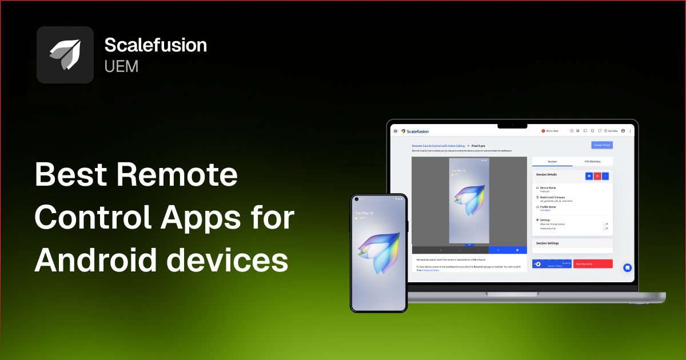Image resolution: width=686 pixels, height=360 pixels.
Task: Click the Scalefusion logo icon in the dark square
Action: pyautogui.click(x=65, y=55)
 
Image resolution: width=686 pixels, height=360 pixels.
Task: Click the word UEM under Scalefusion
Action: pyautogui.click(x=121, y=66)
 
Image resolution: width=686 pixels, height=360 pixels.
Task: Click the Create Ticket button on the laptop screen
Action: pyautogui.click(x=601, y=145)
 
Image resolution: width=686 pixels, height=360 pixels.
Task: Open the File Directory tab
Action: pyautogui.click(x=592, y=162)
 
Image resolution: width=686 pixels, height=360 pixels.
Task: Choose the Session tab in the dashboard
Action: pyautogui.click(x=552, y=162)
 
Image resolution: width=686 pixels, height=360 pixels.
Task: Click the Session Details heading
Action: pyautogui.click(x=546, y=174)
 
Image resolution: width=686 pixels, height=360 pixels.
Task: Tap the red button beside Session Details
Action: pyautogui.click(x=597, y=176)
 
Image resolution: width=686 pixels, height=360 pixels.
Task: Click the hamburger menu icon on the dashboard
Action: pyautogui.click(x=396, y=131)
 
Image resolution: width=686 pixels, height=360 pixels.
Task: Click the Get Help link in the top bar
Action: pyautogui.click(x=612, y=131)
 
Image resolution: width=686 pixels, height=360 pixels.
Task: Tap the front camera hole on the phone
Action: pyautogui.click(x=357, y=199)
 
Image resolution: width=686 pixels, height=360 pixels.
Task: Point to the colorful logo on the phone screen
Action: pyautogui.click(x=378, y=252)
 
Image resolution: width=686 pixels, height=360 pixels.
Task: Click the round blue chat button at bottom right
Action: pyautogui.click(x=627, y=267)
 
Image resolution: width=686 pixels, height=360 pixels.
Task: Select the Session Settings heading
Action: pyautogui.click(x=547, y=243)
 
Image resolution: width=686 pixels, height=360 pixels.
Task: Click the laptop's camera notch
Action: pyautogui.click(x=512, y=123)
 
